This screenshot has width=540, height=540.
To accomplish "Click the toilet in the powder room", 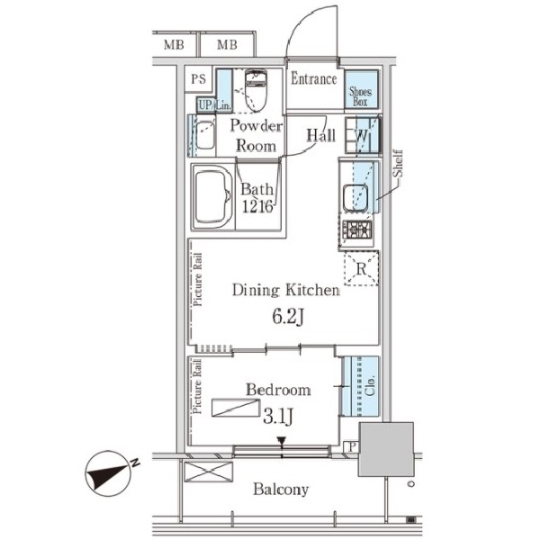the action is pyautogui.click(x=256, y=90).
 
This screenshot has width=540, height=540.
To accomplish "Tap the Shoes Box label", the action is pyautogui.click(x=361, y=97).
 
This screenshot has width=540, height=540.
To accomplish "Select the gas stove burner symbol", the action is pyautogui.click(x=359, y=229).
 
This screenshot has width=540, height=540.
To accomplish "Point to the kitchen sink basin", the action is pyautogui.click(x=355, y=197).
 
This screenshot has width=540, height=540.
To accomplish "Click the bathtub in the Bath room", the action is pyautogui.click(x=213, y=196).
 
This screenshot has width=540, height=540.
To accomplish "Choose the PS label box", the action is pyautogui.click(x=198, y=79).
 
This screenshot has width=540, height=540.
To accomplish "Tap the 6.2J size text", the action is pyautogui.click(x=288, y=317).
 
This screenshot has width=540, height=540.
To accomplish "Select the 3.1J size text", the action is pyautogui.click(x=277, y=417).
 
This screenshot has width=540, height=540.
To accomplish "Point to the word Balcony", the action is pyautogui.click(x=281, y=490).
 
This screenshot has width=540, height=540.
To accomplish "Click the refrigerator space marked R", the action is pyautogui.click(x=361, y=268).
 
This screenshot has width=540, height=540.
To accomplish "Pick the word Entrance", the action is pyautogui.click(x=314, y=79).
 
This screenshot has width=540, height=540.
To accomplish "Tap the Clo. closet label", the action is pyautogui.click(x=370, y=386).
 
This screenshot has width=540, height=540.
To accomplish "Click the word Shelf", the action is pyautogui.click(x=398, y=163).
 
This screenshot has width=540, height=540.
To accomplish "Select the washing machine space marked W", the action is pyautogui.click(x=362, y=135).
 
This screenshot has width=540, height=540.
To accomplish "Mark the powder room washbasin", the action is pyautogui.click(x=205, y=135).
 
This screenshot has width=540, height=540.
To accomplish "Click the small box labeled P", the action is pyautogui.click(x=351, y=447).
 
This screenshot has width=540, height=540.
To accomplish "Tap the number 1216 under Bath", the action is pyautogui.click(x=257, y=207).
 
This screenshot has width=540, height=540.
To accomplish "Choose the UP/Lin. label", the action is pyautogui.click(x=214, y=105).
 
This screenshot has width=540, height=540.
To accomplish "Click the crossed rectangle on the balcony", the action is pyautogui.click(x=209, y=472).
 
